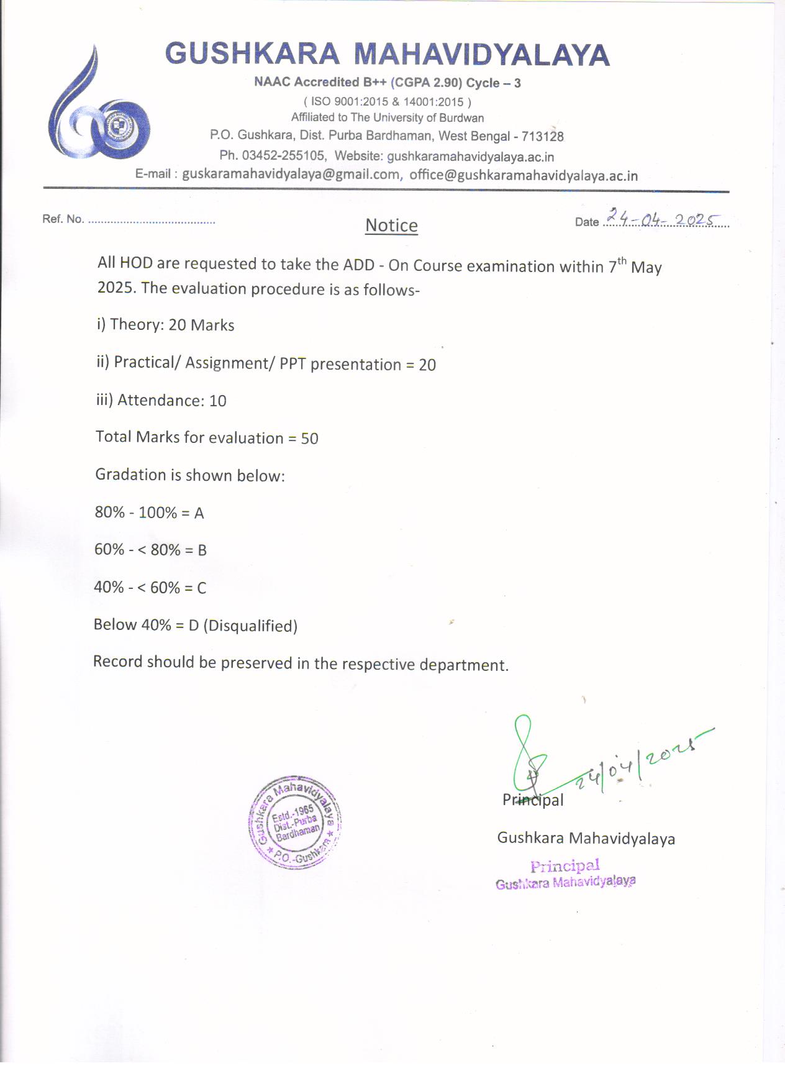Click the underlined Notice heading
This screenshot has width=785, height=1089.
391,226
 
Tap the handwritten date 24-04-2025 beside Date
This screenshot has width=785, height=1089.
662,218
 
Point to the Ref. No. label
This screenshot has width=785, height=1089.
63,219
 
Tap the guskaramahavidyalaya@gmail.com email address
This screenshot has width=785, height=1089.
291,175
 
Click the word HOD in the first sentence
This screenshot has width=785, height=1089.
136,263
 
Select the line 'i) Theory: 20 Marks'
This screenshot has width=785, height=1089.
165,325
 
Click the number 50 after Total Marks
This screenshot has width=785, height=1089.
309,439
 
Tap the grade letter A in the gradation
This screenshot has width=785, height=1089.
199,513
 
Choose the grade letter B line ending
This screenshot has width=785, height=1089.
202,550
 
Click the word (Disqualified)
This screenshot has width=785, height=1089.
250,626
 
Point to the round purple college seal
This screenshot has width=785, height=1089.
295,821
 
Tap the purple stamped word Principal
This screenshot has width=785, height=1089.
565,865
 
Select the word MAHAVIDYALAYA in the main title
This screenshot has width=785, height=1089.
481,55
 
